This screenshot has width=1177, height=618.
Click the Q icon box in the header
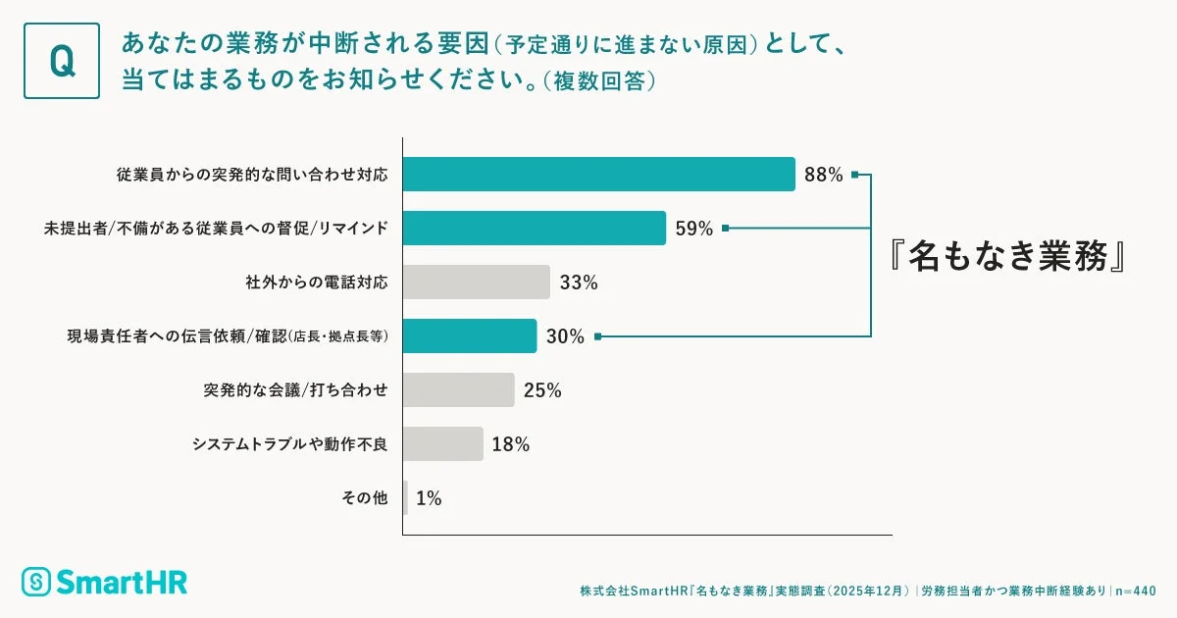pos(62,61)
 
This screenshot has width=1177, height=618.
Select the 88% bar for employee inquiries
pos(598,175)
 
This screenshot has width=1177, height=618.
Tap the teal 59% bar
pos(534,229)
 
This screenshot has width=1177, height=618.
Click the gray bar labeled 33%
pos(476,283)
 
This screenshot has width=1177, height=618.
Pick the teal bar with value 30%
pos(469,336)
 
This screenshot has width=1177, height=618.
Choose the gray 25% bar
pos(458,389)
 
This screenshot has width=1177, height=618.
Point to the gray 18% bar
pos(442,443)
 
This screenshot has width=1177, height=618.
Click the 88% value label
pos(823,176)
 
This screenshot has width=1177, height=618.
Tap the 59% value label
pos(694,230)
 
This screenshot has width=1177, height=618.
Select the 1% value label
pos(429,498)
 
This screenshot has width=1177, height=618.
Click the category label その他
pos(364,498)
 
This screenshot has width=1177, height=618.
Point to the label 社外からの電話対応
pos(316,283)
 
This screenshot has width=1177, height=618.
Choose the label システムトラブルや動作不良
pos(289,444)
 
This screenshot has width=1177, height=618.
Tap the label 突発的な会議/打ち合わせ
pos(295,390)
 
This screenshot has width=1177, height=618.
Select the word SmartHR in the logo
pos(121,582)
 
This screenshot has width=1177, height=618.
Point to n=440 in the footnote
pos(1137,592)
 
